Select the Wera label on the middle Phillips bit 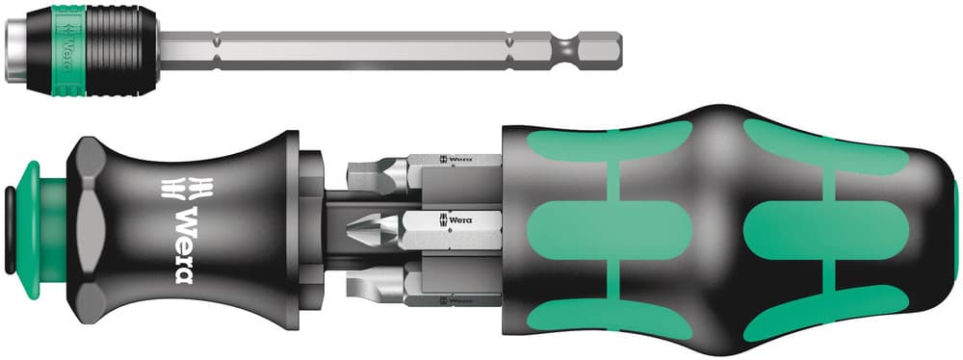[461, 220]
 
